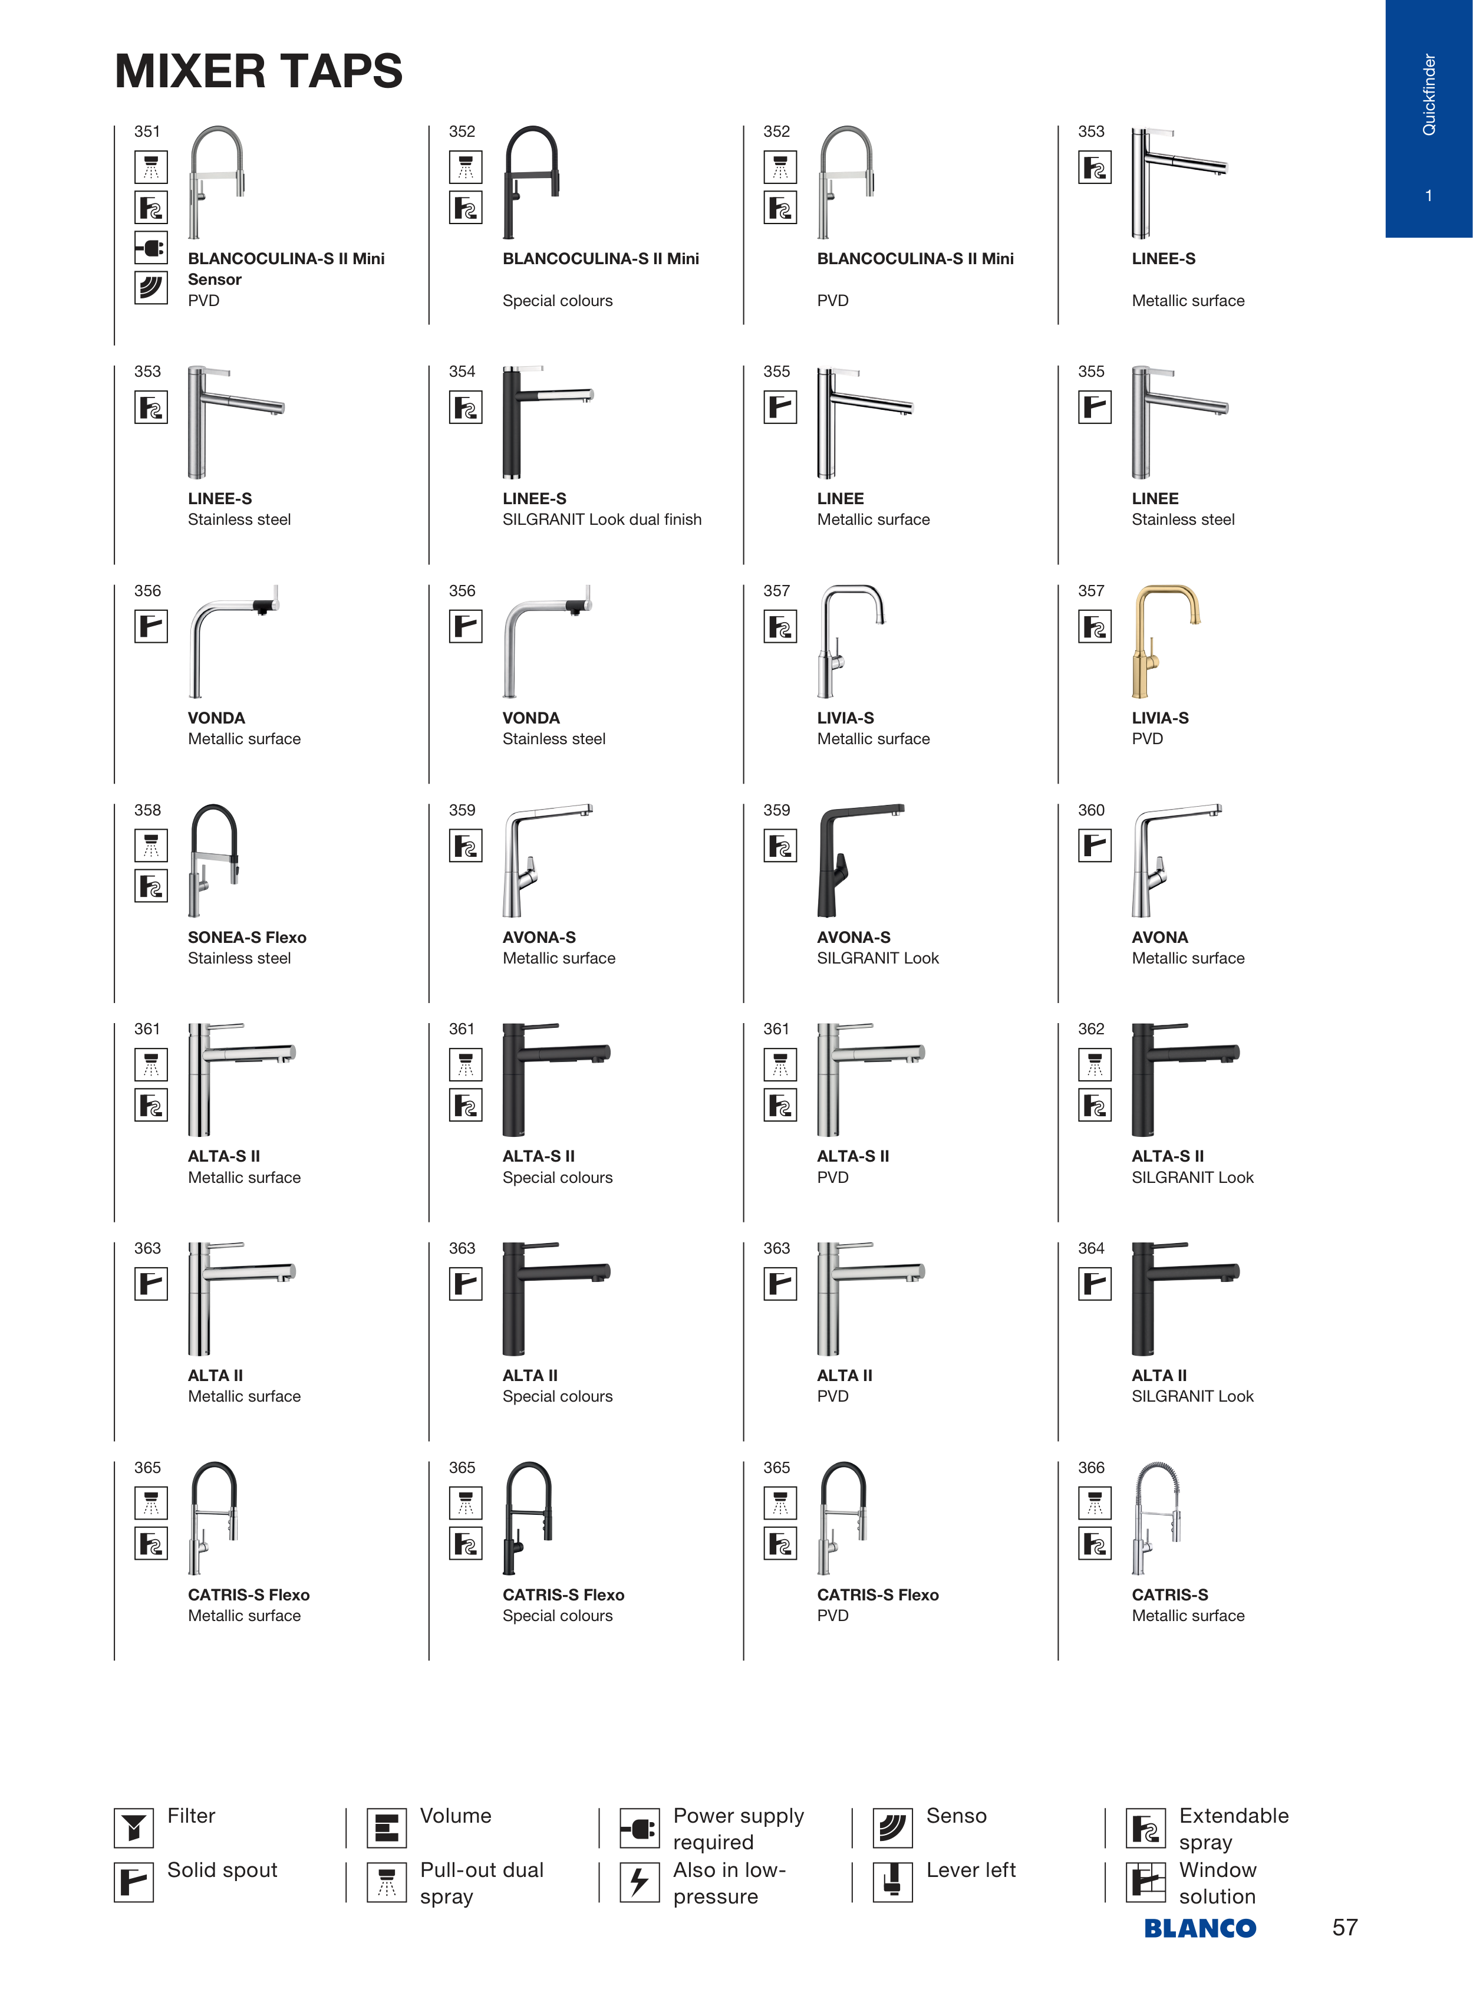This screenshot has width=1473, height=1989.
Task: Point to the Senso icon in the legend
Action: tap(892, 1829)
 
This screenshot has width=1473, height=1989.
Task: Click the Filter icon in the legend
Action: tap(134, 1829)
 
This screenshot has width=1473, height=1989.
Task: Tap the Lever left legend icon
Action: tap(892, 1882)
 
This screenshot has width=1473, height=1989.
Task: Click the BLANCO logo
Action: tap(1200, 1928)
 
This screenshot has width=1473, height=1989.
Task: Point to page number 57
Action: tap(1345, 1928)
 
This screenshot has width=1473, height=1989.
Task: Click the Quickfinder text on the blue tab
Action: tap(1429, 94)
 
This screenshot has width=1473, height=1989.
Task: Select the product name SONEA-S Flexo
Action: tap(247, 938)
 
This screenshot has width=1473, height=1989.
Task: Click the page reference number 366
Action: tap(1092, 1467)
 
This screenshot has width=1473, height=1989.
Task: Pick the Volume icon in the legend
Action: tap(387, 1829)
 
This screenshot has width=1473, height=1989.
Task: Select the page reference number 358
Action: tap(148, 810)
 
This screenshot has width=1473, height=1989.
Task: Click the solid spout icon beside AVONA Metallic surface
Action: tap(1095, 846)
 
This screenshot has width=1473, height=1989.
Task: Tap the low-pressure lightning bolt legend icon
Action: tap(640, 1882)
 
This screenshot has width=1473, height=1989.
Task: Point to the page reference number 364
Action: tap(1092, 1248)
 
